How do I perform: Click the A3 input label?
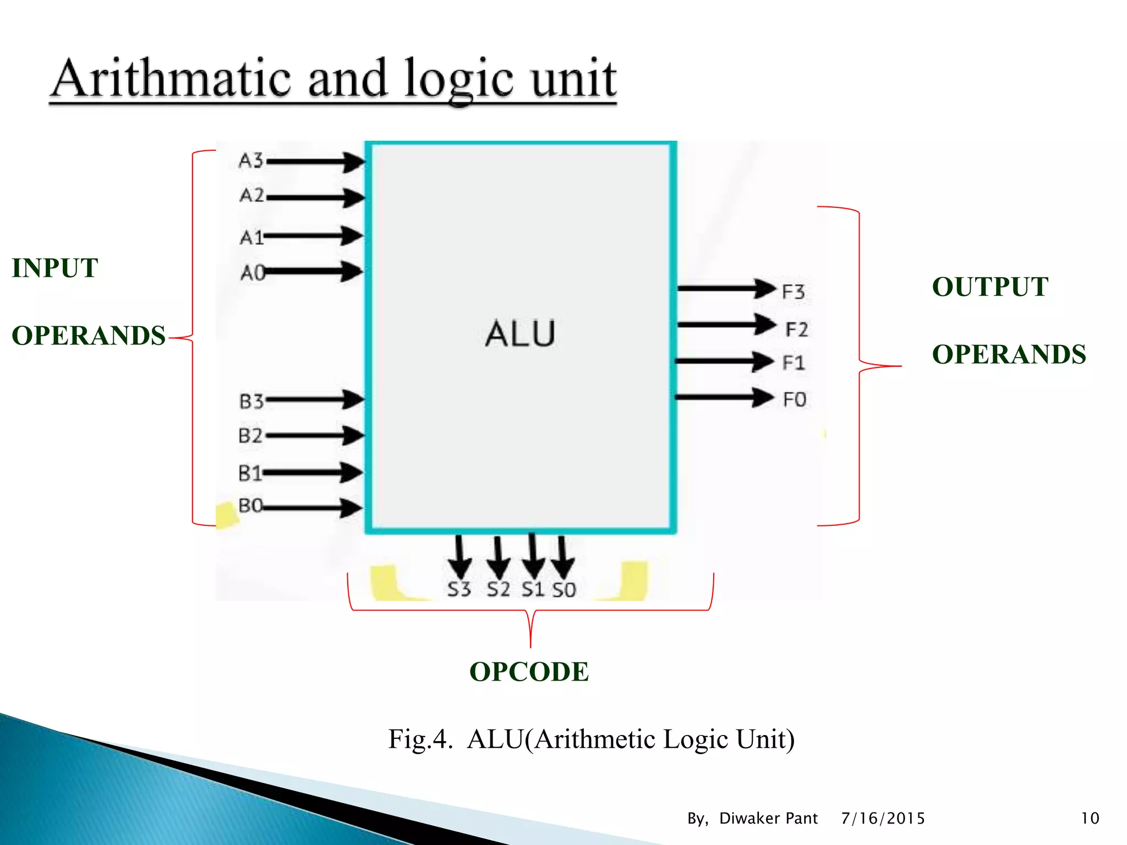click(251, 161)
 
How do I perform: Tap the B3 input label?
click(251, 402)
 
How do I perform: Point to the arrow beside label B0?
click(313, 507)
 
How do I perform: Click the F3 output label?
click(793, 292)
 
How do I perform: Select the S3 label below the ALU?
click(459, 589)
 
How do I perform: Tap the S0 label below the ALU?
click(564, 590)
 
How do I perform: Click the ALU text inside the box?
click(520, 334)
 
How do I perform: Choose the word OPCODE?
click(529, 672)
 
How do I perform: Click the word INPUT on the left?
click(55, 268)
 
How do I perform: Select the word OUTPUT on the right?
click(990, 287)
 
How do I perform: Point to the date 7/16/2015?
click(883, 819)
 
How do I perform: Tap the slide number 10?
click(1090, 819)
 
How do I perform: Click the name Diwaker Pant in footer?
click(768, 819)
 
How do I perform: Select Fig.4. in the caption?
click(420, 739)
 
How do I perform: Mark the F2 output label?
click(796, 330)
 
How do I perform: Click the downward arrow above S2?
click(498, 557)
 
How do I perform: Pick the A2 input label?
click(251, 195)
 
